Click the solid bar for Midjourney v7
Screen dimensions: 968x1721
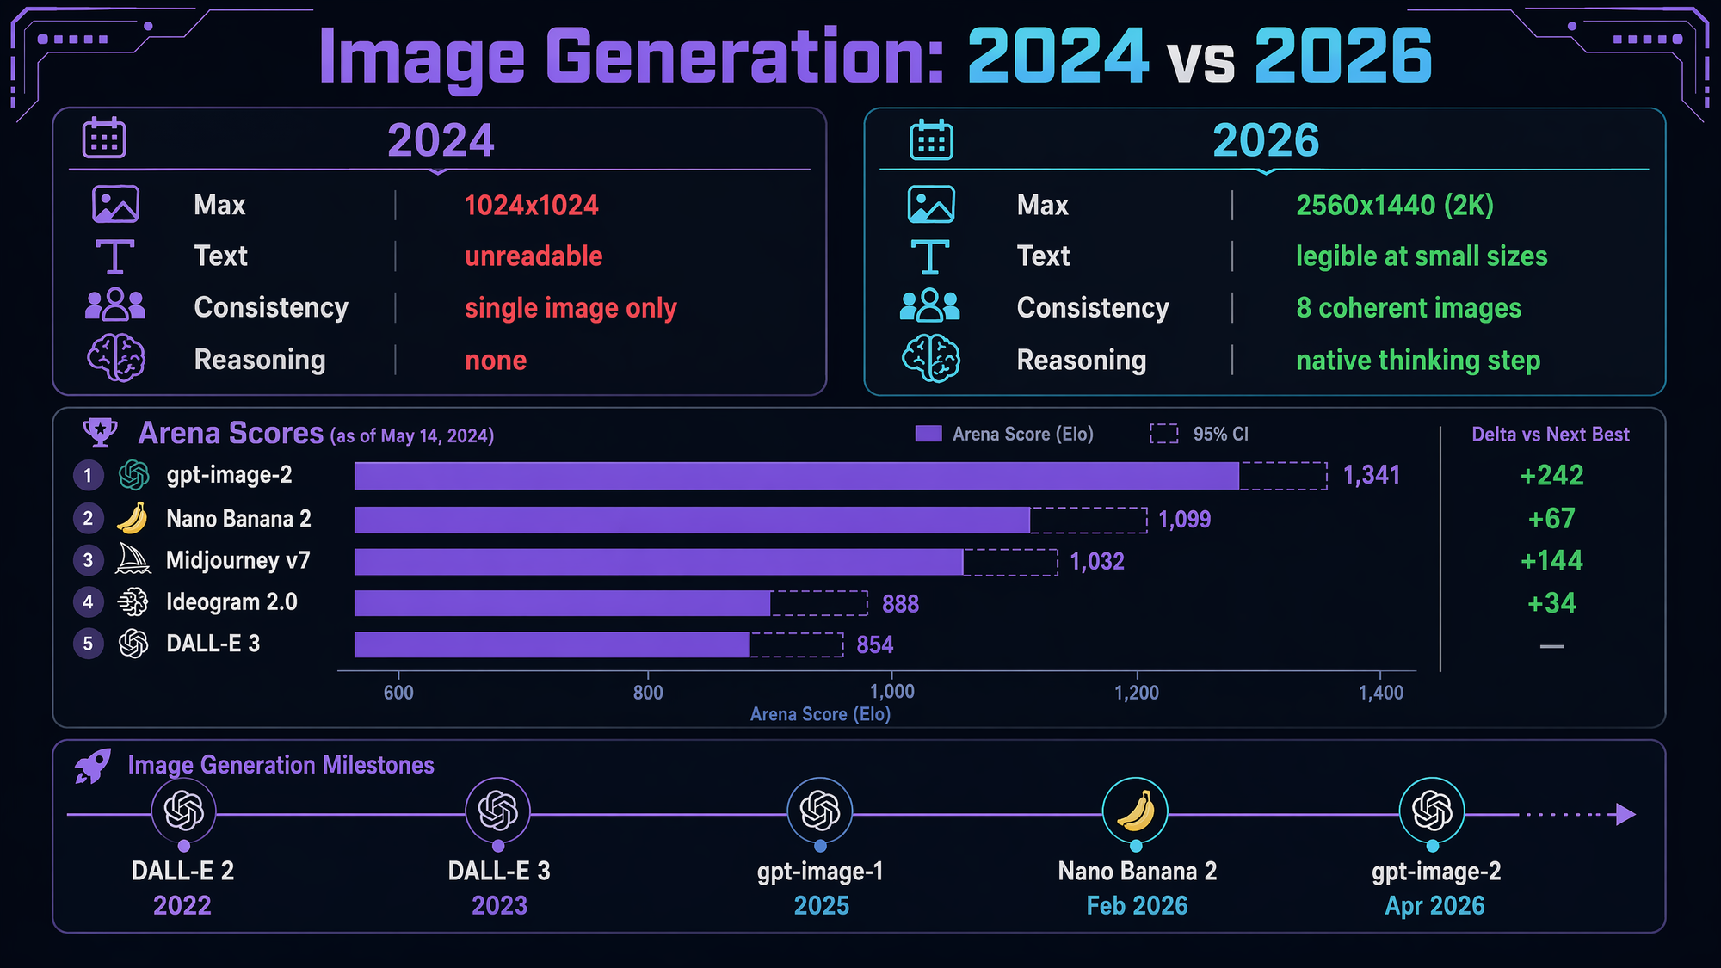pyautogui.click(x=658, y=562)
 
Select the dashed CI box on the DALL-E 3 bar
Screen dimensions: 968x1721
pyautogui.click(x=796, y=644)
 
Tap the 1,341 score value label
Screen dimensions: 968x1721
pyautogui.click(x=1372, y=476)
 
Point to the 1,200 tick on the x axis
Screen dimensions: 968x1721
pyautogui.click(x=1137, y=693)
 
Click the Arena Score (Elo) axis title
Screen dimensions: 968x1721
pyautogui.click(x=820, y=714)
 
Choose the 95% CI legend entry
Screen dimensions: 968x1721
pyautogui.click(x=1200, y=434)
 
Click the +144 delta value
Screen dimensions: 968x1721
pyautogui.click(x=1551, y=561)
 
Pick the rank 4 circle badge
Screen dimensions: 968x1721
pyautogui.click(x=88, y=602)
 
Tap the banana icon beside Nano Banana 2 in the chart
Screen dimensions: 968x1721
pyautogui.click(x=133, y=519)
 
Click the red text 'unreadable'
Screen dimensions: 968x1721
pyautogui.click(x=534, y=256)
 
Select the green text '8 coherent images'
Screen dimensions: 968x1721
pyautogui.click(x=1409, y=308)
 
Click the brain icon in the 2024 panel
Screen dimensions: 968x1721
pyautogui.click(x=116, y=358)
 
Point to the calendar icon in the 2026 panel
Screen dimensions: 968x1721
pyautogui.click(x=931, y=140)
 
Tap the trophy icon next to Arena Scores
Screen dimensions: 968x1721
pyautogui.click(x=100, y=433)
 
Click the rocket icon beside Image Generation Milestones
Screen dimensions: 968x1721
pyautogui.click(x=93, y=766)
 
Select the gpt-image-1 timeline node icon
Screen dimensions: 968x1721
pyautogui.click(x=819, y=811)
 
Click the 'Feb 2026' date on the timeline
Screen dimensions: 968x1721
pyautogui.click(x=1137, y=905)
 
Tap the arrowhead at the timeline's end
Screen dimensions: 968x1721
pyautogui.click(x=1625, y=814)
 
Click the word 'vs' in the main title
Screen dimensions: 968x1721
pyautogui.click(x=1201, y=60)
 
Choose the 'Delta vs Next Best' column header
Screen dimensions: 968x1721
pyautogui.click(x=1551, y=435)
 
